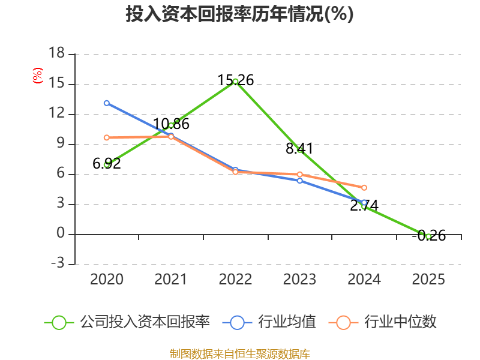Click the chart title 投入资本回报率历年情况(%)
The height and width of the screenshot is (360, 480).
click(x=239, y=14)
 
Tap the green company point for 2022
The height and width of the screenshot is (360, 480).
click(x=235, y=81)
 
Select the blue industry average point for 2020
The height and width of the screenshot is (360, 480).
click(x=106, y=103)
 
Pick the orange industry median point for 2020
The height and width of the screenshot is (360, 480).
click(x=106, y=137)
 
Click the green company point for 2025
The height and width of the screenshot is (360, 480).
click(x=428, y=236)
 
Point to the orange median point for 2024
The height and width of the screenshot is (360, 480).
click(x=364, y=188)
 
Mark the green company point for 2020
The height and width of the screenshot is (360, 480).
click(x=106, y=164)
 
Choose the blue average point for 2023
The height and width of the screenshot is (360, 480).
click(x=300, y=181)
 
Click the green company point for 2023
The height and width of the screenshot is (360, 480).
click(x=300, y=149)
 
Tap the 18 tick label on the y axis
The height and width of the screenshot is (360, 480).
click(x=56, y=54)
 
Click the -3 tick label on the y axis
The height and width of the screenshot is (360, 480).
click(x=56, y=264)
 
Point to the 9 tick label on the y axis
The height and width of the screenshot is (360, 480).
click(x=61, y=144)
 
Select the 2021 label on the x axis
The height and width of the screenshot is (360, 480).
click(x=171, y=280)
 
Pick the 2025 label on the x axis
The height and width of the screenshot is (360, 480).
click(x=428, y=280)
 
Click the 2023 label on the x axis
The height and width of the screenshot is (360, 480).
click(x=300, y=280)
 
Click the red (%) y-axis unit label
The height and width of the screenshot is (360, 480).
click(x=38, y=76)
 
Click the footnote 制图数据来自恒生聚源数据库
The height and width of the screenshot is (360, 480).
click(x=239, y=353)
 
